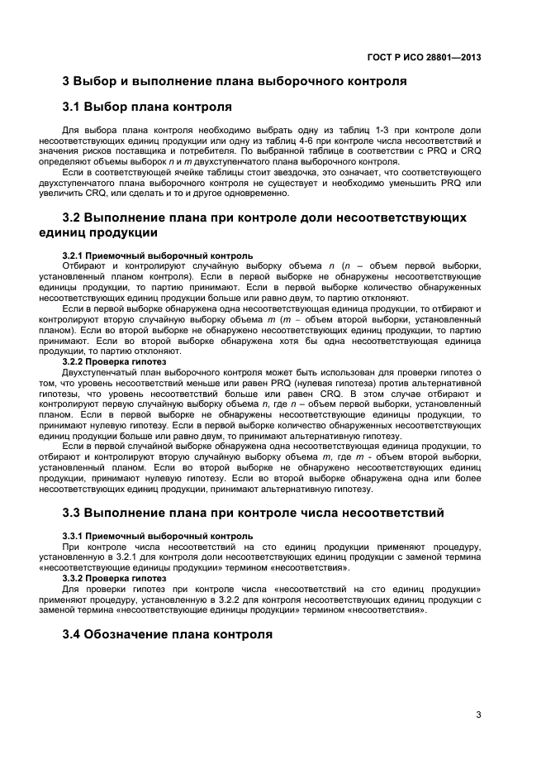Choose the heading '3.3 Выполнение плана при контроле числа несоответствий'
254,513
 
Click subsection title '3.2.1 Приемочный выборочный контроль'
158,256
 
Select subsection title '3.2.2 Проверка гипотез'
115,361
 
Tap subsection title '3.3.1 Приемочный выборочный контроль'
158,536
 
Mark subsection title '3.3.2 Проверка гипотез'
115,578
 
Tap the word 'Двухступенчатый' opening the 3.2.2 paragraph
98,372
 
